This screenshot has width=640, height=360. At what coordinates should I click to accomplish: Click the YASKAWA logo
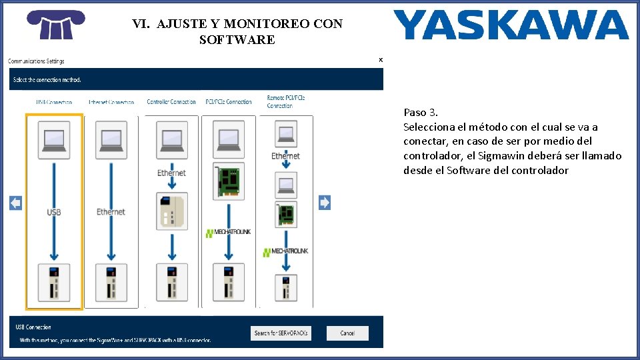[511, 25]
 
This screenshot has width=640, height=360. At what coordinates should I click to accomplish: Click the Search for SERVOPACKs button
[281, 333]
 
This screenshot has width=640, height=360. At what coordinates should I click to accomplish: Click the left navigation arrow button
[15, 203]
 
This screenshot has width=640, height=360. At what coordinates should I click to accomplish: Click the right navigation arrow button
[325, 203]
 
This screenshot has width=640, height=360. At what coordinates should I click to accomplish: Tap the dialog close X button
[381, 60]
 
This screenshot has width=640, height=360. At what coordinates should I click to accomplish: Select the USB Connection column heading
[54, 102]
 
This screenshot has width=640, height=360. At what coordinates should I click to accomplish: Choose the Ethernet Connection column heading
[111, 102]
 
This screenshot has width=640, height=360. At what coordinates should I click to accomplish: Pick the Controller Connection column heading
[171, 102]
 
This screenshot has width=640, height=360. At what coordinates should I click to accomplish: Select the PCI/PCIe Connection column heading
[229, 102]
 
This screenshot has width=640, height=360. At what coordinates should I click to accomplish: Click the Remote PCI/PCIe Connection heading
[286, 101]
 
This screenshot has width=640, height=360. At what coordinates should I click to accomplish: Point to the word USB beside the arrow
[54, 212]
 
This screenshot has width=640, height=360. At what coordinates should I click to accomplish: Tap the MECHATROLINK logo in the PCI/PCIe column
[229, 233]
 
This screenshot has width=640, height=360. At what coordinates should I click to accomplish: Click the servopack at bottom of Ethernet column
[111, 282]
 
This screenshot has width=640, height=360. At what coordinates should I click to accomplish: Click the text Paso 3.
[421, 112]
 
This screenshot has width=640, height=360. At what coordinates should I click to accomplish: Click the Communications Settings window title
[36, 61]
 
